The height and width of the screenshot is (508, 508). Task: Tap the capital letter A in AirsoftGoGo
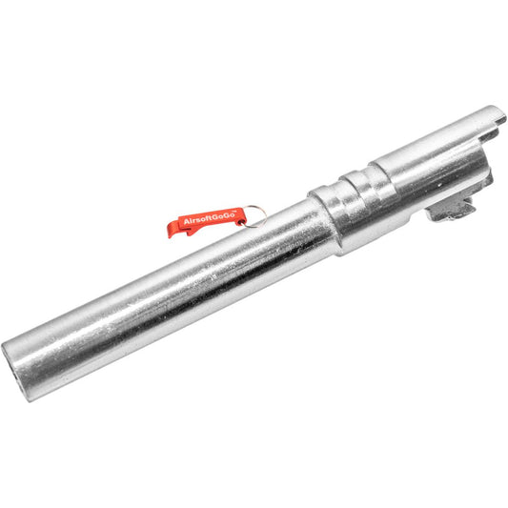[186, 222]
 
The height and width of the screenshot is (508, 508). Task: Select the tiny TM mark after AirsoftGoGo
[234, 212]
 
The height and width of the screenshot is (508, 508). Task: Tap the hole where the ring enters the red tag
[241, 222]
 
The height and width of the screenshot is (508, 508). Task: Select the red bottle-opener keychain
[206, 222]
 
